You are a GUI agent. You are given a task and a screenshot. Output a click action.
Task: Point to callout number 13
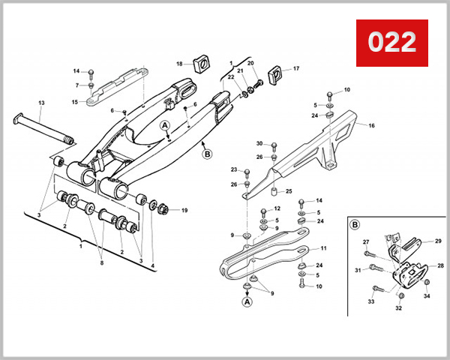(x=41, y=102)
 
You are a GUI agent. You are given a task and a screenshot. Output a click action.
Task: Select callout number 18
(x=179, y=64)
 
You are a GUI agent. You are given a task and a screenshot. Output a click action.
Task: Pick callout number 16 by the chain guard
(x=370, y=126)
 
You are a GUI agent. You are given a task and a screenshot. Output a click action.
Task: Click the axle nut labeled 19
(x=165, y=209)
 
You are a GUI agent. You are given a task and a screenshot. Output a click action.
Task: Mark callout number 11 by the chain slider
(x=324, y=248)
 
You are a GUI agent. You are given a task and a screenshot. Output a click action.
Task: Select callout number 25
(x=288, y=191)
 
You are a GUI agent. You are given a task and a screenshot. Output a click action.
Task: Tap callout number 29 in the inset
(x=439, y=241)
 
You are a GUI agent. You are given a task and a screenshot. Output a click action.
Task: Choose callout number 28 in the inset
(x=441, y=265)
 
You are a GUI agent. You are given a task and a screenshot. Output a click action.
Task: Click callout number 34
(x=427, y=297)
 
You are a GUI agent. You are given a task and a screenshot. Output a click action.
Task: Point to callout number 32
(x=398, y=308)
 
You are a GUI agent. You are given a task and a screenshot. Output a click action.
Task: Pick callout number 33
(x=370, y=301)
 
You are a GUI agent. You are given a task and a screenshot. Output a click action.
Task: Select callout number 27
(x=366, y=241)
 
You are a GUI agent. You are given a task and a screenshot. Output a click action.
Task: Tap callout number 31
(x=358, y=270)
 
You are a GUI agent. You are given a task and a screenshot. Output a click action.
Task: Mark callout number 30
(x=259, y=143)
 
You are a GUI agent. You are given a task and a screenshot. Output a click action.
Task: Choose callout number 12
(x=276, y=208)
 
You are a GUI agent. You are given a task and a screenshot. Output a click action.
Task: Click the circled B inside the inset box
(x=355, y=224)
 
